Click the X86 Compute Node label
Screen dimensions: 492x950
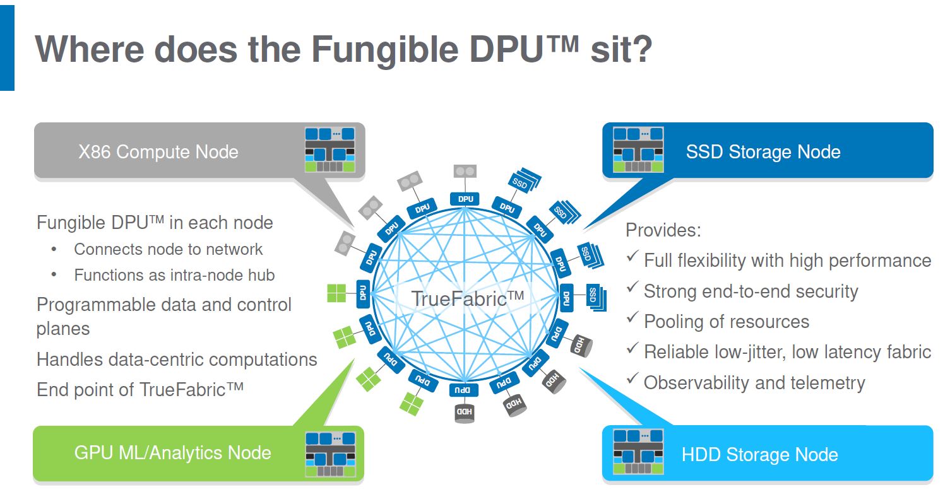158,152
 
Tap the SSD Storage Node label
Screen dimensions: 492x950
763,152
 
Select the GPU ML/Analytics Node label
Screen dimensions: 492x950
172,453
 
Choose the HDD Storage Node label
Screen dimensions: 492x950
759,455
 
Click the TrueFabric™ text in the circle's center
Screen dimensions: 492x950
468,298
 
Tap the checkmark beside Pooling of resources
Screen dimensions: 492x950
632,319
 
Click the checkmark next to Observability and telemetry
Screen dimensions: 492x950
632,380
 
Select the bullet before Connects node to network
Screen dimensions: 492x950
54,250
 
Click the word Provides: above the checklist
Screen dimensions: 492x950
663,230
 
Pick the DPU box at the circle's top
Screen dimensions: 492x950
466,199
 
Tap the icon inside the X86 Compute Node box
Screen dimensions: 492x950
330,150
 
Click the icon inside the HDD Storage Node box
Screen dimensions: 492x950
638,453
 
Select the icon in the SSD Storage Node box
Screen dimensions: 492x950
638,150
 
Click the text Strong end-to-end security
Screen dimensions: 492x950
751,291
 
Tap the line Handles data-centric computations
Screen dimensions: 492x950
177,360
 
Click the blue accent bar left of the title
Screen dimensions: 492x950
7,45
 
